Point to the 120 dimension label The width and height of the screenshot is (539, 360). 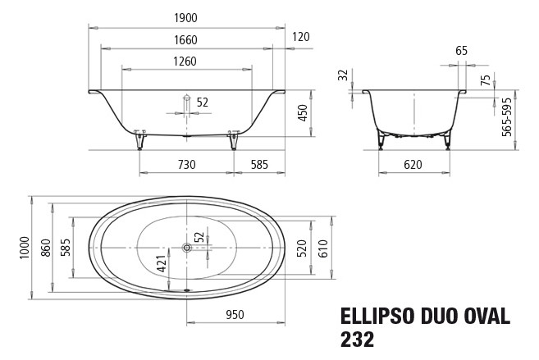[x=300, y=38]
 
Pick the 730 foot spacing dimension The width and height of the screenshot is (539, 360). [x=186, y=165]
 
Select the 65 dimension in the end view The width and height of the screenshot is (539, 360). [x=461, y=51]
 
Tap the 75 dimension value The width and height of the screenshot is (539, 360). [x=486, y=80]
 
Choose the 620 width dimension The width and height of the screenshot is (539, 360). [x=413, y=165]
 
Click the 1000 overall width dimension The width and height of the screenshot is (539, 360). [x=24, y=245]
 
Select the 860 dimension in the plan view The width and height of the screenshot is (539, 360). [x=45, y=245]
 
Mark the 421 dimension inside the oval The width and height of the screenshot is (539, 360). [x=162, y=264]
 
